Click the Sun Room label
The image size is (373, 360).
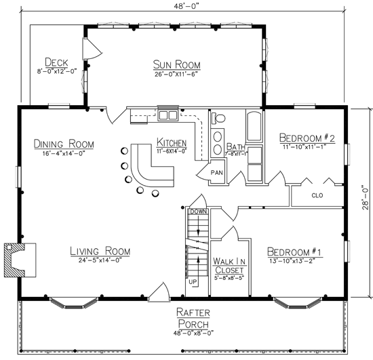pyautogui.click(x=177, y=64)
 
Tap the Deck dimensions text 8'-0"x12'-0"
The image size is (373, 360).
pyautogui.click(x=57, y=71)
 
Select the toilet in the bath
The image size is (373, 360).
pyautogui.click(x=218, y=118)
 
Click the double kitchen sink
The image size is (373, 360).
pyautogui.click(x=168, y=115)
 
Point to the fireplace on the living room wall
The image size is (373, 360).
pyautogui.click(x=20, y=260)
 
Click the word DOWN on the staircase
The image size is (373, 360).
pyautogui.click(x=199, y=212)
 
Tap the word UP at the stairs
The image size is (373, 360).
pyautogui.click(x=193, y=282)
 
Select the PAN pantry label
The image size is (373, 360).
pyautogui.click(x=217, y=172)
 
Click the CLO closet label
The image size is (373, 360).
pyautogui.click(x=317, y=195)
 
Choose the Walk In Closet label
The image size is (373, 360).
pyautogui.click(x=229, y=266)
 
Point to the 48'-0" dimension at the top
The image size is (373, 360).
pyautogui.click(x=186, y=6)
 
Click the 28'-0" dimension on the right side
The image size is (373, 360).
pyautogui.click(x=365, y=197)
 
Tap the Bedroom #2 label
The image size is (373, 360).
pyautogui.click(x=307, y=138)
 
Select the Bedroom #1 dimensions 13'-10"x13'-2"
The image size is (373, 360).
pyautogui.click(x=292, y=261)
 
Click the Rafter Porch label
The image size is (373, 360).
pyautogui.click(x=193, y=319)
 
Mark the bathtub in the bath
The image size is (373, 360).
pyautogui.click(x=254, y=127)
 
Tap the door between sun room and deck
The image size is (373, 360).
pyautogui.click(x=92, y=49)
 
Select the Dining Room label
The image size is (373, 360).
pyautogui.click(x=64, y=144)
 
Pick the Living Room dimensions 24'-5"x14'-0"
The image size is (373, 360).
pyautogui.click(x=100, y=260)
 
